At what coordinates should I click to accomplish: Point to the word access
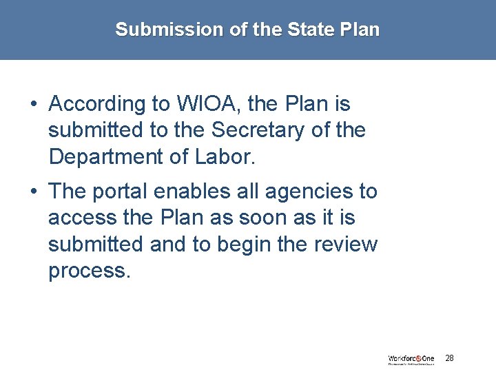click(83, 218)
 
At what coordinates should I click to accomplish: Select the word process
click(89, 270)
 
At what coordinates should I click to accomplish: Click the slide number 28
click(449, 358)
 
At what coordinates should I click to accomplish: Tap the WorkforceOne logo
click(411, 359)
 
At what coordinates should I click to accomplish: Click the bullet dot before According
click(34, 105)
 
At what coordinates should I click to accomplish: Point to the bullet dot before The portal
click(34, 192)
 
